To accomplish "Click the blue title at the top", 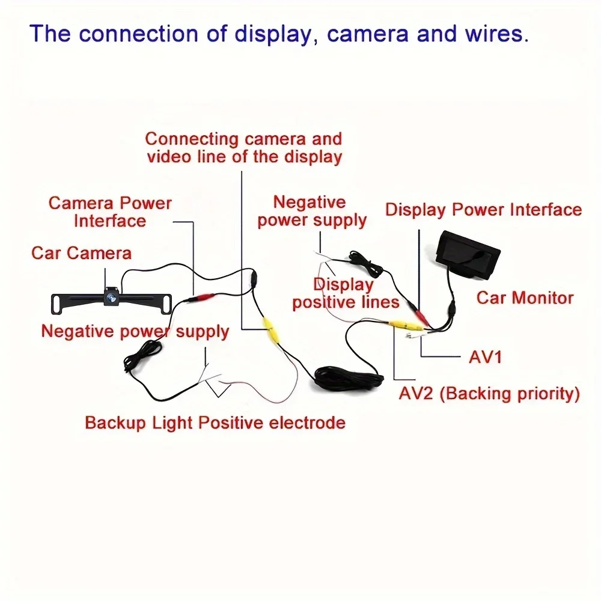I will (x=279, y=33).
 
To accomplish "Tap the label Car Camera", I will (x=81, y=252).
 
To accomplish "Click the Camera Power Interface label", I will (x=110, y=212).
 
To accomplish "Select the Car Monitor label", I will (x=525, y=297).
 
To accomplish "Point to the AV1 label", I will (x=485, y=357).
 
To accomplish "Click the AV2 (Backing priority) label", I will (x=489, y=394).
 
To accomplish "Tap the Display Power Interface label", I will (x=483, y=210).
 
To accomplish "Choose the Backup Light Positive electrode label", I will (x=215, y=423).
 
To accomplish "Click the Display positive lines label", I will (x=346, y=293).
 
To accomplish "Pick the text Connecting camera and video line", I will (x=243, y=148).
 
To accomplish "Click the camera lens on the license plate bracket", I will (x=112, y=296).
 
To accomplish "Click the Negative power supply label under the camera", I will (x=135, y=331).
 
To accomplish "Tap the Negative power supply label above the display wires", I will (x=311, y=212).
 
